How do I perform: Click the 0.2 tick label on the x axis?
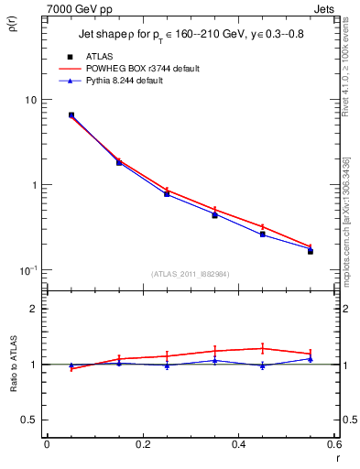(143, 445)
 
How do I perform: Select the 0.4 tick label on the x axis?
(239, 445)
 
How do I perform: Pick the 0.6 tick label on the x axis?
(334, 445)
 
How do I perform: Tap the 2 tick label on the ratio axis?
(35, 309)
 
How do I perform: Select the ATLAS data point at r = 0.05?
(71, 115)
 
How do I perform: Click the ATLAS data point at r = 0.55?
(311, 250)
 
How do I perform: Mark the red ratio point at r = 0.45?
(263, 348)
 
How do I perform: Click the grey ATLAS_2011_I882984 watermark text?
(191, 273)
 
